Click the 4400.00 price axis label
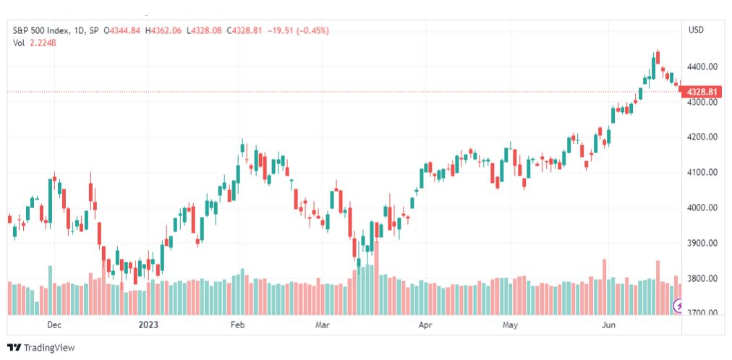702,67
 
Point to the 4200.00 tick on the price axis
702,137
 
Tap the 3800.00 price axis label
702,278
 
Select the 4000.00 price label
702,207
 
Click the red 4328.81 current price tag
702,92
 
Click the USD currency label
696,30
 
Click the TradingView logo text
49,348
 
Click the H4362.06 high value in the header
163,31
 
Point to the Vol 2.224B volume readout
35,43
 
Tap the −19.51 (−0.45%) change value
297,31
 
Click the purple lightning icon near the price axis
678,306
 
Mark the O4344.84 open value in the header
122,31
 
